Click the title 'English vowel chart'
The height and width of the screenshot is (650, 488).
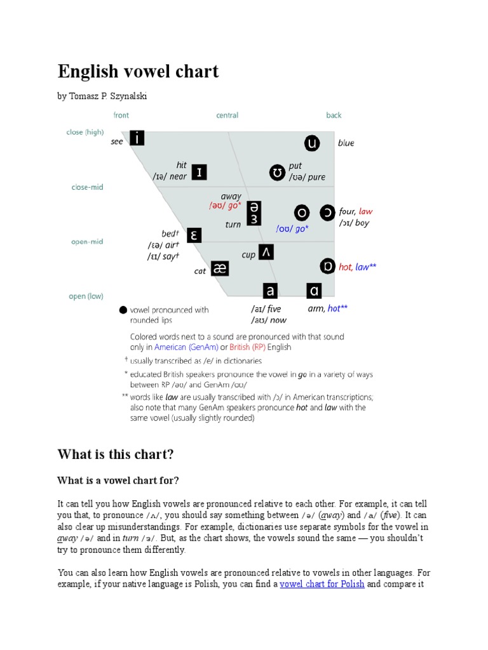pyautogui.click(x=138, y=71)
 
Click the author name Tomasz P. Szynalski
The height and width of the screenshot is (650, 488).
pyautogui.click(x=105, y=96)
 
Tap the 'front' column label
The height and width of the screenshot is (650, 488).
pyautogui.click(x=121, y=115)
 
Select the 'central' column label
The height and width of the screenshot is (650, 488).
pyautogui.click(x=227, y=115)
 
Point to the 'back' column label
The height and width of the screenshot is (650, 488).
pyautogui.click(x=334, y=115)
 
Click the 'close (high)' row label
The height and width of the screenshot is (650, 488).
pyautogui.click(x=85, y=133)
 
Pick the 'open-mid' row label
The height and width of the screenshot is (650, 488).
pyautogui.click(x=87, y=242)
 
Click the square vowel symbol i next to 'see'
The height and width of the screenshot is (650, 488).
pyautogui.click(x=137, y=138)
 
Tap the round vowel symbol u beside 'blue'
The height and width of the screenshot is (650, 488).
pyautogui.click(x=311, y=143)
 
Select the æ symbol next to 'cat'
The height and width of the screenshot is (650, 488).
pyautogui.click(x=219, y=269)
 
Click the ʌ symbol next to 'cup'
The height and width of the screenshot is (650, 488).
pyautogui.click(x=266, y=252)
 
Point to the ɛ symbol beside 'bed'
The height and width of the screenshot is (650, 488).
pyautogui.click(x=194, y=235)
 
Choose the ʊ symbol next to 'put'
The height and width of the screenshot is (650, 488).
pyautogui.click(x=278, y=172)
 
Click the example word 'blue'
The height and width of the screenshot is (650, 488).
pyautogui.click(x=346, y=143)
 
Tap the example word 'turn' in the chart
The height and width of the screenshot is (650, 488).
pyautogui.click(x=233, y=225)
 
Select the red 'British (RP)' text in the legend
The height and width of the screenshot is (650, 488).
pyautogui.click(x=250, y=347)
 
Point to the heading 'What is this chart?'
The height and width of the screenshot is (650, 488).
pyautogui.click(x=115, y=454)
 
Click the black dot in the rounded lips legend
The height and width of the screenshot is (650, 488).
pyautogui.click(x=123, y=310)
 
